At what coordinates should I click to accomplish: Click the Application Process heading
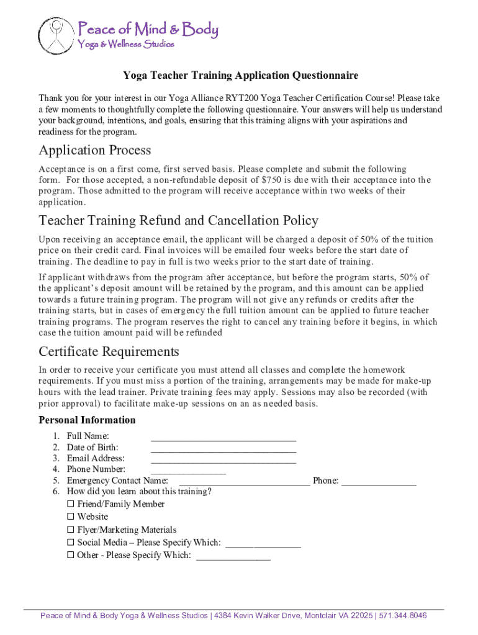pyautogui.click(x=94, y=150)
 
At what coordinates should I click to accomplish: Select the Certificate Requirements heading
pyautogui.click(x=109, y=352)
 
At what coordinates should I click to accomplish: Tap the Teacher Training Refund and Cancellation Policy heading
pyautogui.click(x=178, y=221)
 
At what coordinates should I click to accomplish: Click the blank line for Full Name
pyautogui.click(x=223, y=438)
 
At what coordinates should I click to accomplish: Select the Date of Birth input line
pyautogui.click(x=223, y=449)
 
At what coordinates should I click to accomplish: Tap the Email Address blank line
pyautogui.click(x=223, y=461)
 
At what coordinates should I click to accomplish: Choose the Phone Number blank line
pyautogui.click(x=188, y=472)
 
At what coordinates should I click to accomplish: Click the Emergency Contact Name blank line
pyautogui.click(x=245, y=483)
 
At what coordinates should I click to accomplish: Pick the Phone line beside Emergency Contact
pyautogui.click(x=379, y=483)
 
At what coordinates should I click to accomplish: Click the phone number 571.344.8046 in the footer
pyautogui.click(x=403, y=616)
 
